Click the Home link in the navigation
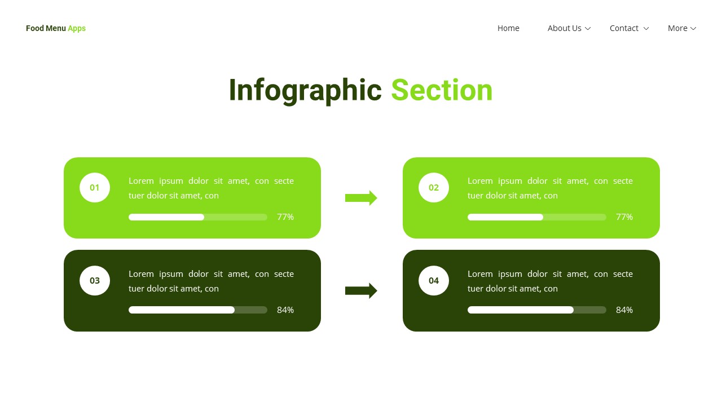[x=508, y=28]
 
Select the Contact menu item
[x=624, y=28]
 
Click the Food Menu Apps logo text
[x=56, y=28]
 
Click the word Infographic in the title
[x=305, y=90]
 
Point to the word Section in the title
[x=442, y=90]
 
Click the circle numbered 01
[x=95, y=188]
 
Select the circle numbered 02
[x=434, y=188]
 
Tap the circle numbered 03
[x=95, y=281]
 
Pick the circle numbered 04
[x=434, y=281]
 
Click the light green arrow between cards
[x=361, y=198]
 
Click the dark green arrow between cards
[x=361, y=291]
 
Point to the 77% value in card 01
[x=285, y=217]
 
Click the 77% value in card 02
[x=624, y=217]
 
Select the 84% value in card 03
[x=285, y=310]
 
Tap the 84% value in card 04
[x=624, y=310]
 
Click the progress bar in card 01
[x=198, y=217]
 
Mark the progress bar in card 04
[x=537, y=310]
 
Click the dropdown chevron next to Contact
[x=646, y=29]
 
